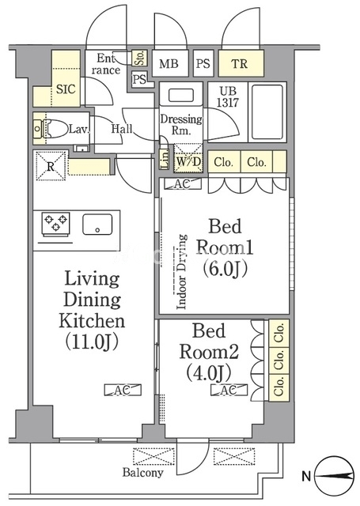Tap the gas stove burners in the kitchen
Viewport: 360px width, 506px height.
click(56, 223)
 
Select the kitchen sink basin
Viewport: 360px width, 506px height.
click(97, 224)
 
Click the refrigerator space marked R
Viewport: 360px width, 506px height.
click(51, 166)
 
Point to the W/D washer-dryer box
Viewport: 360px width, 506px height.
click(188, 160)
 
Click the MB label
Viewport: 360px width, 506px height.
click(169, 63)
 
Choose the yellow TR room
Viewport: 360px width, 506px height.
click(241, 63)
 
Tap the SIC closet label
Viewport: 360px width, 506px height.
click(66, 89)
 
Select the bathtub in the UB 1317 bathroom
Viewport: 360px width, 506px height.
click(267, 111)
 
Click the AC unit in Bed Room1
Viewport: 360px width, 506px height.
click(183, 184)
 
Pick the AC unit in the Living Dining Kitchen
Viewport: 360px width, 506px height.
click(123, 390)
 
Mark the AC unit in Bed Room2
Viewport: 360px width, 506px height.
click(229, 390)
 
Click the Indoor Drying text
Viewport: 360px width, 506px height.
click(182, 272)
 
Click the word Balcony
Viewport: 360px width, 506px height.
click(143, 473)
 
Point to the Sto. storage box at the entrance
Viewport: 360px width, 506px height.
click(140, 58)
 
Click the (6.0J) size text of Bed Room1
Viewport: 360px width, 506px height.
click(225, 269)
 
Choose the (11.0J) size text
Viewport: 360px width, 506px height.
click(92, 342)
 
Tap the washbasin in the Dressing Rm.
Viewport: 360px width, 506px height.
click(181, 96)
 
